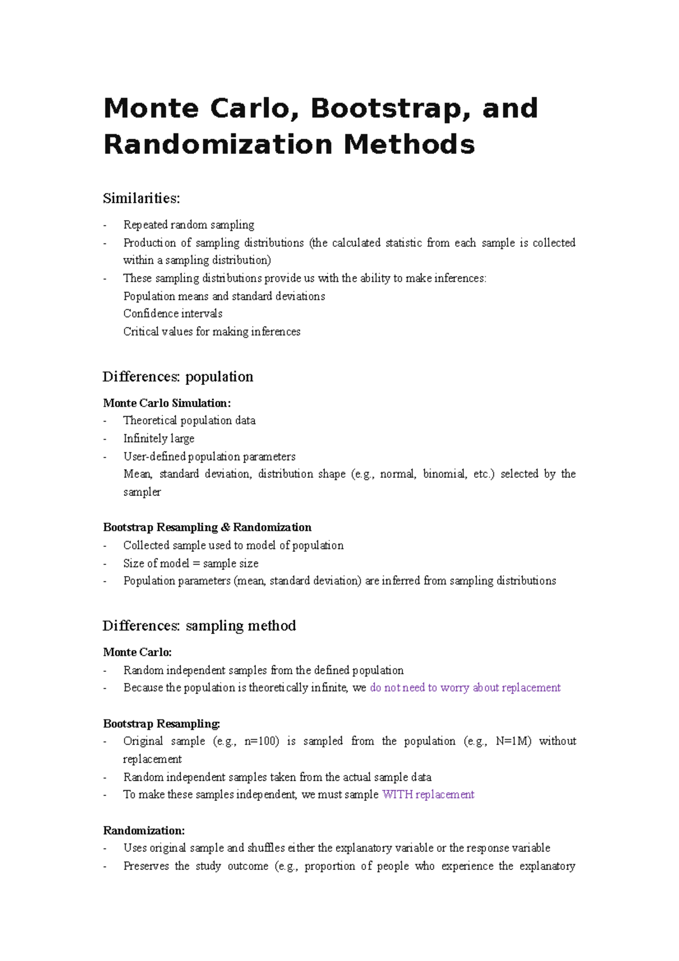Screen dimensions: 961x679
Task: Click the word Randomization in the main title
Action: tap(218, 144)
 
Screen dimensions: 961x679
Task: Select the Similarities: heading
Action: tap(141, 199)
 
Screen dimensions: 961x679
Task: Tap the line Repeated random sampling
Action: tap(188, 225)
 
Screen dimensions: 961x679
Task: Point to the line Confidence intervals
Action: tap(173, 314)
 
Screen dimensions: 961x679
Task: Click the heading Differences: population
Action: tap(178, 377)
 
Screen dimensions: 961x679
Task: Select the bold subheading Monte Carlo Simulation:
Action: tap(167, 403)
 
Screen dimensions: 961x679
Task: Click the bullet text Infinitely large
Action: tap(158, 439)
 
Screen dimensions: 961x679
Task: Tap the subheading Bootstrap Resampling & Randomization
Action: tap(207, 527)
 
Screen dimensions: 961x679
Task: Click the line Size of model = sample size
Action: tap(191, 563)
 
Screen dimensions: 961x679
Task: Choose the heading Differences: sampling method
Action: tap(199, 626)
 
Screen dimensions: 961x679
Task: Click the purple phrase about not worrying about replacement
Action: tap(465, 688)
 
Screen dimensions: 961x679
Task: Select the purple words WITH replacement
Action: tap(428, 795)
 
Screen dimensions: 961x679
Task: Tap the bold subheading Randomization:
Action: tap(144, 831)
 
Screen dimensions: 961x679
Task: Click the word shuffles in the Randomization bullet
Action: tap(266, 848)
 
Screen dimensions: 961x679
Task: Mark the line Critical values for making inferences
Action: tap(212, 332)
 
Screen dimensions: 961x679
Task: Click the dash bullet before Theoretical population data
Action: tap(105, 421)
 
